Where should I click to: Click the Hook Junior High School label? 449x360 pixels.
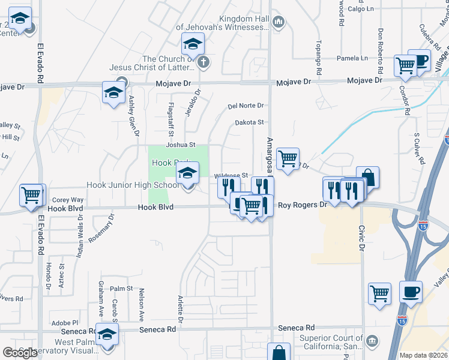tap(133, 185)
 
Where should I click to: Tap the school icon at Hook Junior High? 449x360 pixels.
tap(187, 175)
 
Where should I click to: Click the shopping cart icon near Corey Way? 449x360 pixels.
tap(32, 195)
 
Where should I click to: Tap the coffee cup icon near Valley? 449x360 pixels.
tap(411, 292)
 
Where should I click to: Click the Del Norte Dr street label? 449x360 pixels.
tap(246, 106)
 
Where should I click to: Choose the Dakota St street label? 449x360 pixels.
tap(249, 122)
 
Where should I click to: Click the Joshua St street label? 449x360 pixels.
tap(181, 145)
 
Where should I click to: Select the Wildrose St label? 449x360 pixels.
tap(231, 175)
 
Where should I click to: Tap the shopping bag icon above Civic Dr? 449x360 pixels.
tap(367, 178)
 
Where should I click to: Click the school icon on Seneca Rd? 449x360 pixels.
tap(107, 335)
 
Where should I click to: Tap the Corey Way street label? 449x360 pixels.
tap(68, 200)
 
